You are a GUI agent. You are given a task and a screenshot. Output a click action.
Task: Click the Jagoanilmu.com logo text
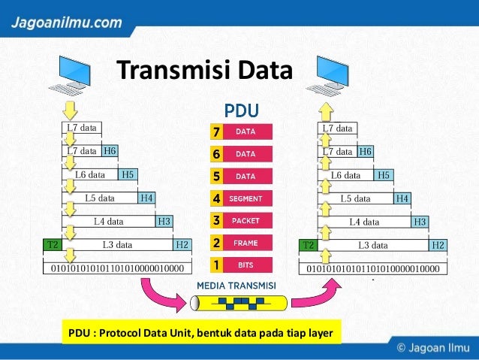coord(66,22)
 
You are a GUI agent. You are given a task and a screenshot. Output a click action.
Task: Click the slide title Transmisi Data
coord(204,72)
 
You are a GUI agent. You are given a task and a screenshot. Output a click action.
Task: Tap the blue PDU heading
coord(242,111)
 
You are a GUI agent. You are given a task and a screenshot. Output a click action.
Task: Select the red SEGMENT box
coord(246,199)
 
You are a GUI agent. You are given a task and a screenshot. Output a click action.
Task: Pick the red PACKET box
coord(246,221)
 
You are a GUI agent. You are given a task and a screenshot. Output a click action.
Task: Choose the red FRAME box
coord(246,243)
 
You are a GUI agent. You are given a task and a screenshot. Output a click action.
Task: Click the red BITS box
coord(246,265)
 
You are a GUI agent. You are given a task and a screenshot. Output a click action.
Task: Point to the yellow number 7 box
coord(216,133)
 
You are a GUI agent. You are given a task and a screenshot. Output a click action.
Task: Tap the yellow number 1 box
coord(216,265)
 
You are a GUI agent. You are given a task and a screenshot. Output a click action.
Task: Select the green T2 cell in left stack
coord(53,244)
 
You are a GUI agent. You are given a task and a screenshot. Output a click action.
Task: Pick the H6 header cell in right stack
coord(365,151)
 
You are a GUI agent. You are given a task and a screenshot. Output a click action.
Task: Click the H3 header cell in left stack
coord(164,221)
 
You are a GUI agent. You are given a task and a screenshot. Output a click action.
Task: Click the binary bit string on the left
coord(116,267)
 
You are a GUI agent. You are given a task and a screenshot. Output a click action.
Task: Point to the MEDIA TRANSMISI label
coord(236,286)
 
